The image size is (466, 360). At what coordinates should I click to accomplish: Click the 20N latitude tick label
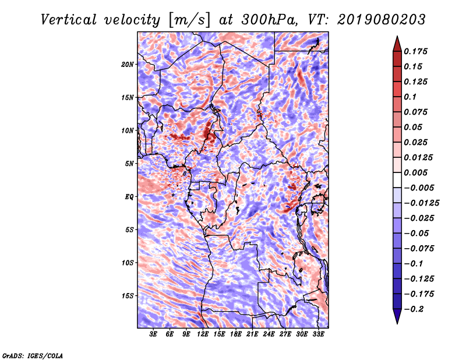pos(128,64)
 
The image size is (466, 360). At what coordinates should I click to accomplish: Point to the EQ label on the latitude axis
pos(129,197)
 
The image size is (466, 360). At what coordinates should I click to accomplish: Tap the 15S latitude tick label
pos(128,296)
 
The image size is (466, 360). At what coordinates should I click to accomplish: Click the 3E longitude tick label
pos(154,334)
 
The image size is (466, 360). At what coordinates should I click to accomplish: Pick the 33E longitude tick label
pos(319,334)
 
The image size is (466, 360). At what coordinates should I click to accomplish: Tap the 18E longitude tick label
pos(236,334)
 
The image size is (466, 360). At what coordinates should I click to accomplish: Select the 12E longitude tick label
pos(203,334)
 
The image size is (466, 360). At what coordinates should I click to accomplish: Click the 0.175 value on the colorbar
pos(418,51)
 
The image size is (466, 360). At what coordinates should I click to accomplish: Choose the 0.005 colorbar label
pos(418,172)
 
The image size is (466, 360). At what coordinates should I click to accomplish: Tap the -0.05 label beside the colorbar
pos(418,233)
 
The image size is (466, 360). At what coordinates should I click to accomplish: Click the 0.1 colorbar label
pos(412,97)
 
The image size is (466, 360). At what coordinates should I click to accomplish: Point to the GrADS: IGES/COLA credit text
pos(33,355)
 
